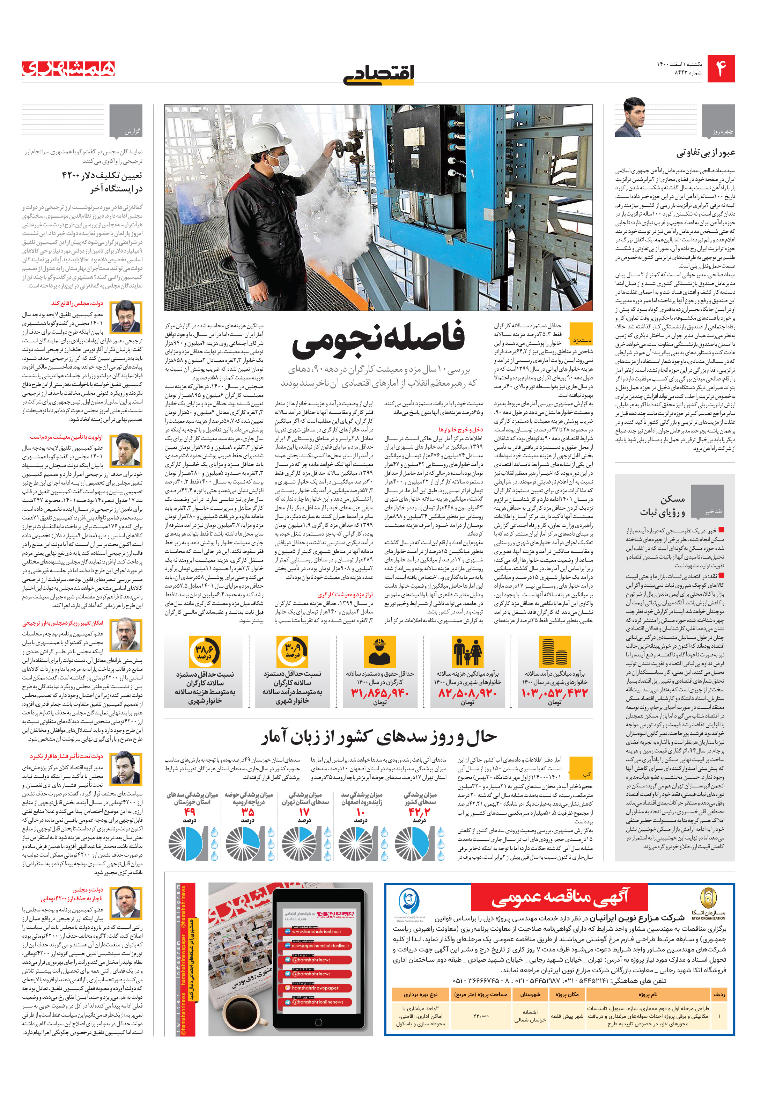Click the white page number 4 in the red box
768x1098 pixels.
721,69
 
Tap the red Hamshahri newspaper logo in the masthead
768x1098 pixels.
68,68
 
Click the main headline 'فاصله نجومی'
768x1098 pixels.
378,338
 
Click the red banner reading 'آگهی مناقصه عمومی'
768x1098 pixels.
559,897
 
